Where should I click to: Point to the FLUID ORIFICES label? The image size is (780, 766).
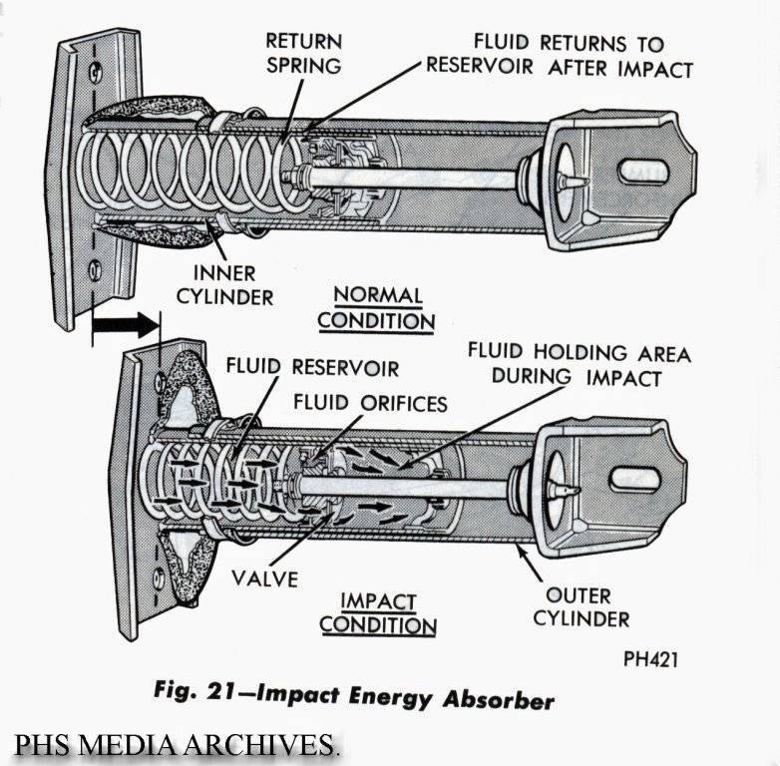(x=370, y=404)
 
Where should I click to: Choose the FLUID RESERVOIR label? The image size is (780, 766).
(x=312, y=367)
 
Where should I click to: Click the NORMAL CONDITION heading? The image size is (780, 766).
(x=377, y=308)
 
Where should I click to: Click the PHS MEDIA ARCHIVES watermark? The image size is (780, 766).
(x=177, y=744)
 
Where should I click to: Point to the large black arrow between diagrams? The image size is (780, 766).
(x=125, y=325)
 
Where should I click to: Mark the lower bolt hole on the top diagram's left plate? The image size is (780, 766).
(x=95, y=267)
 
